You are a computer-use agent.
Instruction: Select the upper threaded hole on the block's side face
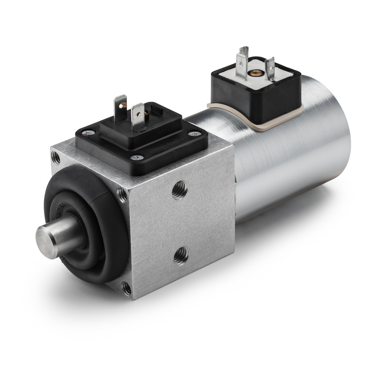click(180, 190)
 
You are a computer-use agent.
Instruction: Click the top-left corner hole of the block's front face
click(56, 158)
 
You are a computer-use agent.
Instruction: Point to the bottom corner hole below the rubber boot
click(127, 289)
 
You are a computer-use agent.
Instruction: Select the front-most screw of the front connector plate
click(137, 157)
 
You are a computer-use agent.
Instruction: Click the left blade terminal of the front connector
click(120, 107)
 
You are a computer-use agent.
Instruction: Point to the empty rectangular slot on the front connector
click(156, 110)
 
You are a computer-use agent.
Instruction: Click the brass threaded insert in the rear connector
click(255, 73)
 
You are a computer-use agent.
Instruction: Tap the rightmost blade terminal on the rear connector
click(270, 69)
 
